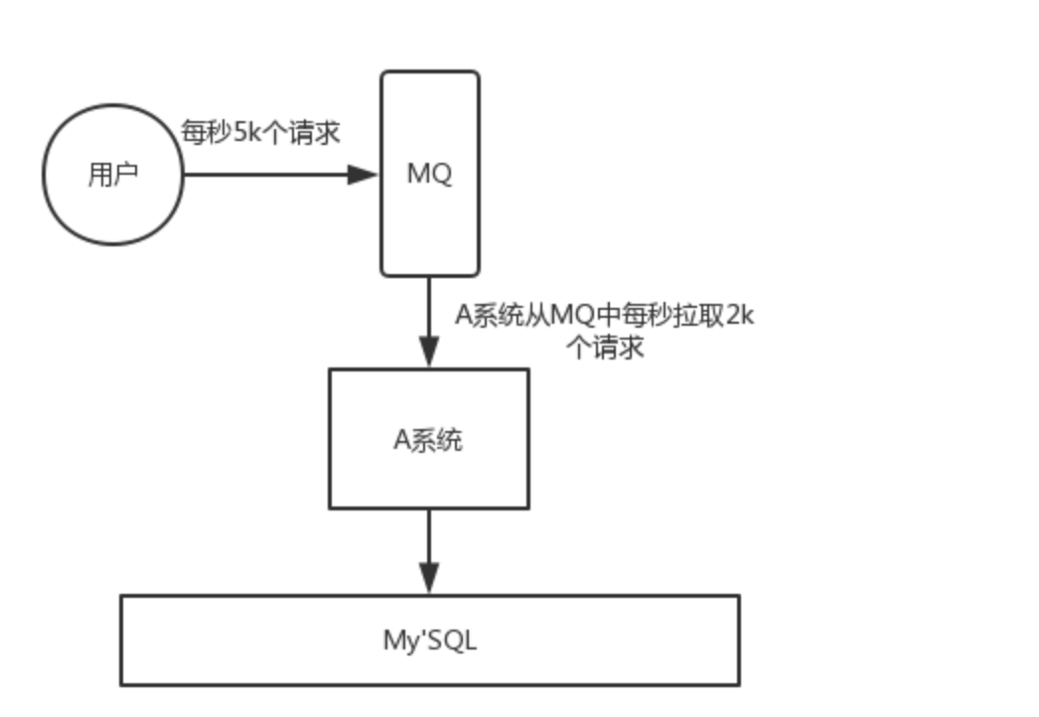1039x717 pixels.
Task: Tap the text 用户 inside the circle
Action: point(112,176)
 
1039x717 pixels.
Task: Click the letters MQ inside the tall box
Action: point(429,174)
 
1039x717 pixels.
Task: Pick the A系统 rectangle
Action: point(428,477)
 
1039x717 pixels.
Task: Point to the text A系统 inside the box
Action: point(428,439)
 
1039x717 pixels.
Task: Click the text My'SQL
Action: point(429,641)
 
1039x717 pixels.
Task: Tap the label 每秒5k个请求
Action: point(260,132)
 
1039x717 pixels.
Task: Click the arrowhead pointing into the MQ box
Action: point(363,175)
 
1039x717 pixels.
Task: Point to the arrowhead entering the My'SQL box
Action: point(428,578)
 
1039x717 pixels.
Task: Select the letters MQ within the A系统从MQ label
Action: point(572,316)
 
